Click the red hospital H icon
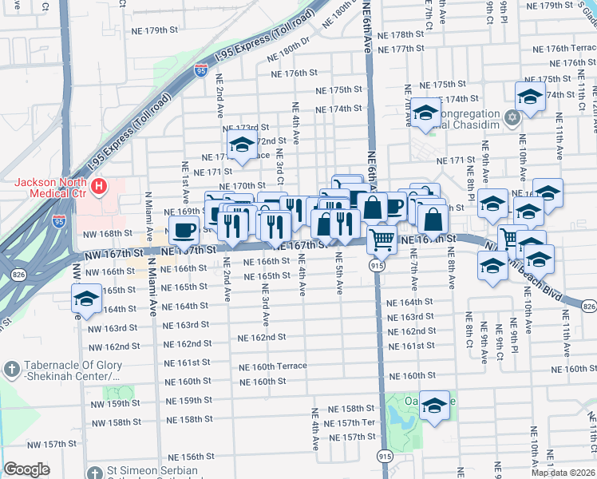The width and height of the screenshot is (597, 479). click(99, 187)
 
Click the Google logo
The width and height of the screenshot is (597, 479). click(26, 469)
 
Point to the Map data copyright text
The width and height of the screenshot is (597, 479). click(562, 473)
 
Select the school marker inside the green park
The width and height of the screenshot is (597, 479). click(435, 407)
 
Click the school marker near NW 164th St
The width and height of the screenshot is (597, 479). click(85, 300)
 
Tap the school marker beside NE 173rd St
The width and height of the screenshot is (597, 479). click(240, 145)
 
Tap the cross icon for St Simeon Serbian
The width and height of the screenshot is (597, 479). click(95, 472)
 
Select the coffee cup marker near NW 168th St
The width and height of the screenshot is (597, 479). click(184, 232)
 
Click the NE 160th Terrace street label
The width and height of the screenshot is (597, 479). click(273, 366)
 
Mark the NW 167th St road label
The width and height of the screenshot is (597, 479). click(115, 253)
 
